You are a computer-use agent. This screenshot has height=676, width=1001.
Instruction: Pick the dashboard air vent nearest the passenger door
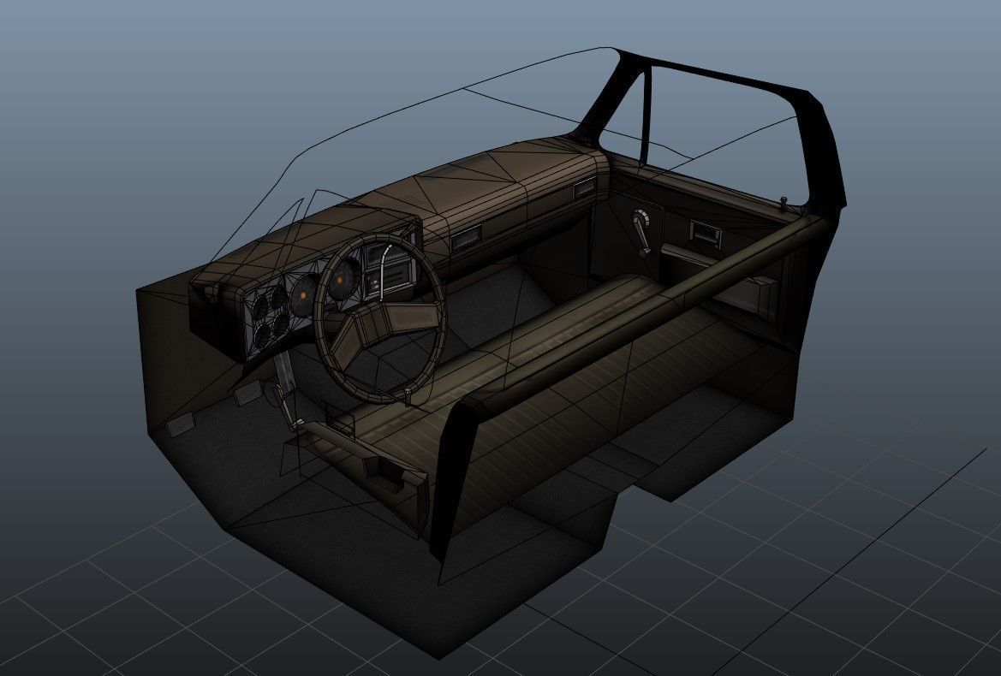(x=584, y=190)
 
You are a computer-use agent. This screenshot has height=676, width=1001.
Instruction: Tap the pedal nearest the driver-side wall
(x=181, y=425)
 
